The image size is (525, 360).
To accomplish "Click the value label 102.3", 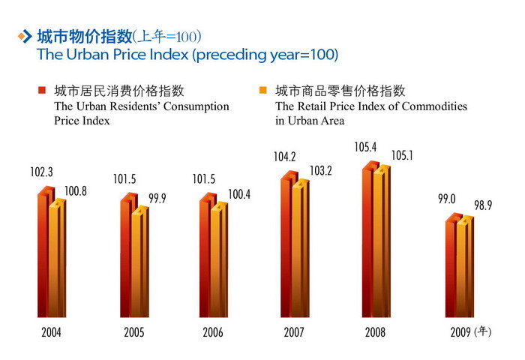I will click(x=41, y=172).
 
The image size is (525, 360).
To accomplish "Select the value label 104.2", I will click(x=285, y=157).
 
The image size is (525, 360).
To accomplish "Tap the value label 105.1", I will click(x=403, y=155).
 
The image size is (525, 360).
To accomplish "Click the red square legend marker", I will click(x=42, y=91).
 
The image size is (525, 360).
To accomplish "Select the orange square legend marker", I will click(x=262, y=91).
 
